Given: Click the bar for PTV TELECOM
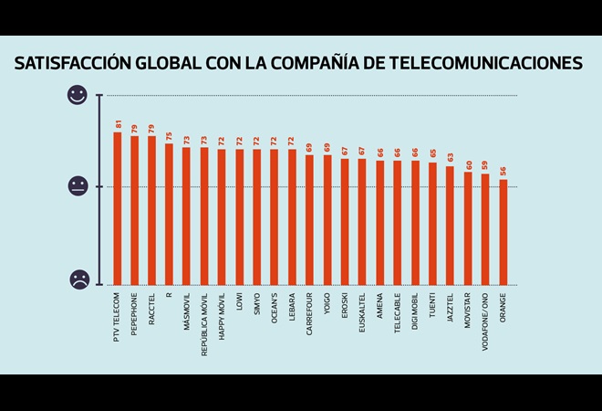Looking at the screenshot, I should tap(117, 208).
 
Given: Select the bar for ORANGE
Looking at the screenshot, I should tap(503, 232).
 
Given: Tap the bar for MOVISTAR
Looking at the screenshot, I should tap(468, 227).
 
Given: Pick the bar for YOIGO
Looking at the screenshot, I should tap(327, 219).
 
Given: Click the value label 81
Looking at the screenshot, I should tap(118, 124).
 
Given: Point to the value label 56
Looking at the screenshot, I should tap(503, 172).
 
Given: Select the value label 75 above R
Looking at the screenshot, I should tap(170, 136).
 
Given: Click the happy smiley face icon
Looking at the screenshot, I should tap(78, 95).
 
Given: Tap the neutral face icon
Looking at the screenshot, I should tap(78, 186).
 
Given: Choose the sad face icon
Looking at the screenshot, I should tap(78, 279).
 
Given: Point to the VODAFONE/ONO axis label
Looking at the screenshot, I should tap(486, 321).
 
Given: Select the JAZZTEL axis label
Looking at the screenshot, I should tap(451, 311).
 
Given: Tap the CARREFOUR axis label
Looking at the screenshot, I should tap(310, 314).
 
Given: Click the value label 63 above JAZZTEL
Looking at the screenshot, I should tap(451, 158).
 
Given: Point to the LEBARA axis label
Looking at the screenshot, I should tap(293, 309).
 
